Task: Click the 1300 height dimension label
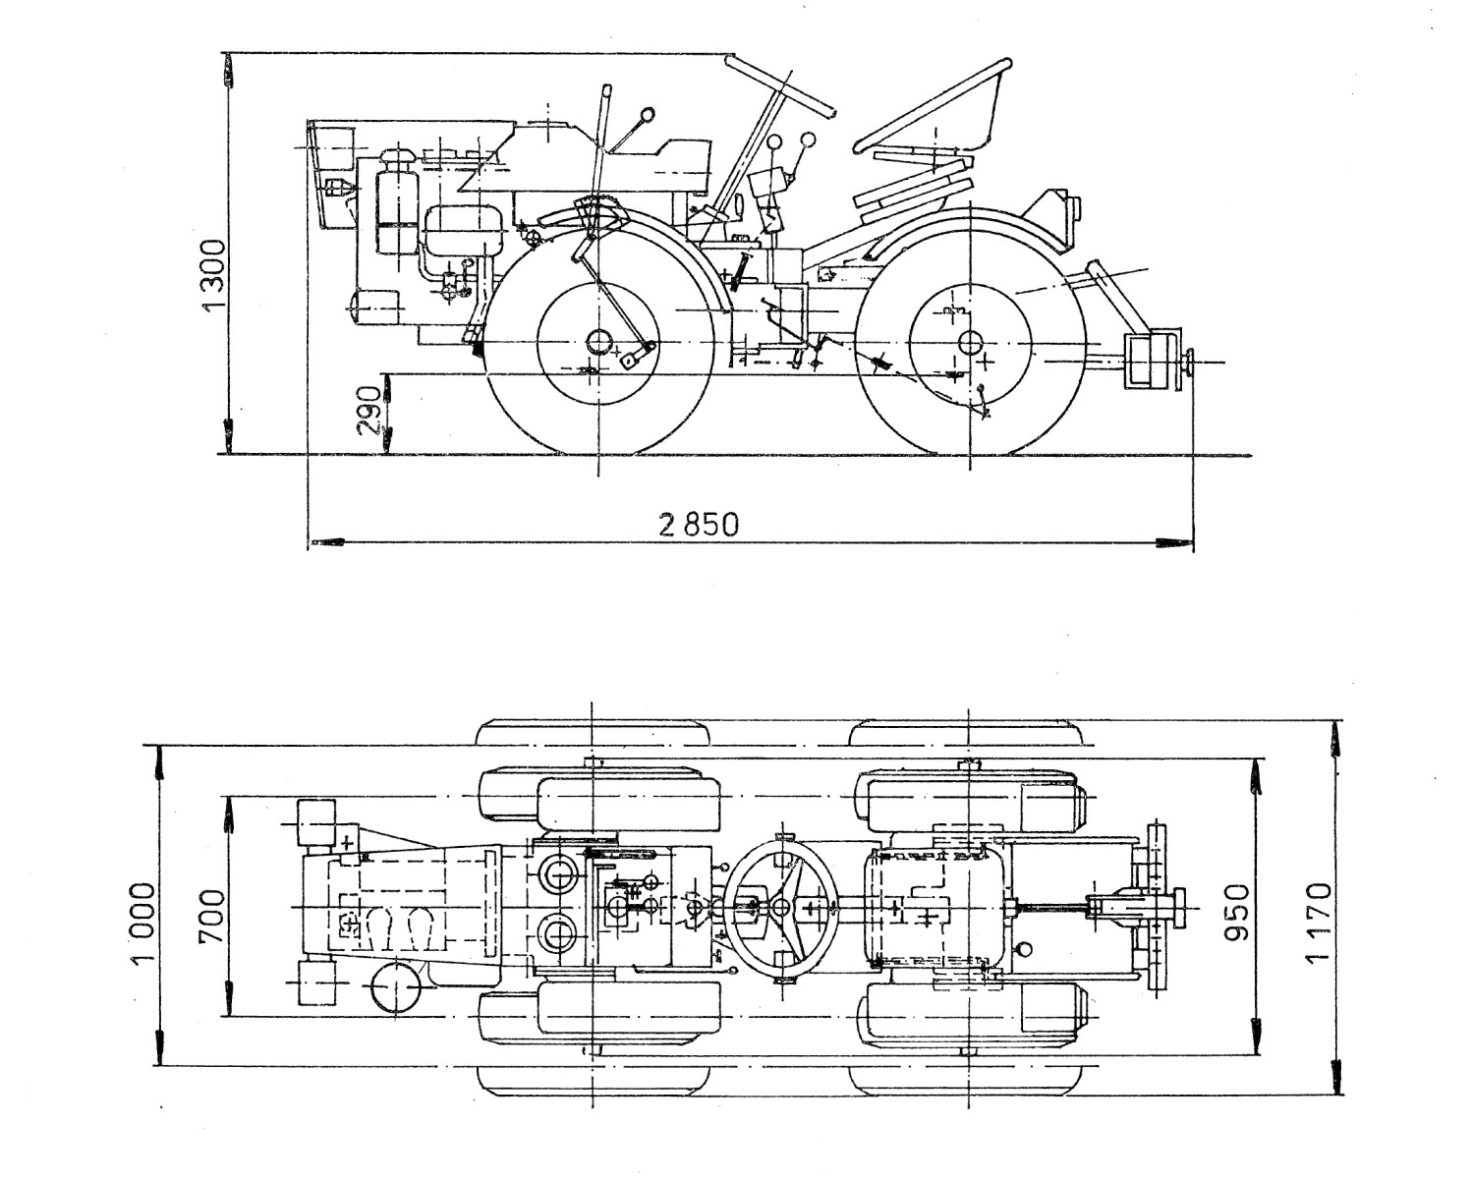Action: pos(213,275)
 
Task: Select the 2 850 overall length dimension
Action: pos(699,525)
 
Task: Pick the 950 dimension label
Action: pos(1237,913)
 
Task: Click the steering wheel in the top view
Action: pos(781,907)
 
